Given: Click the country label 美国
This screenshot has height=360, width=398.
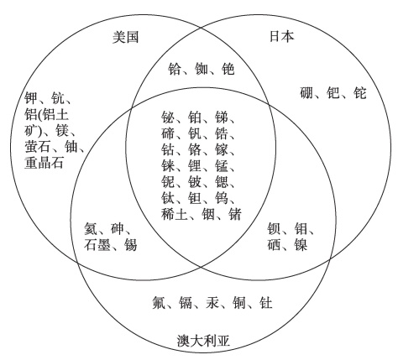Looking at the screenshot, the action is pyautogui.click(x=125, y=37).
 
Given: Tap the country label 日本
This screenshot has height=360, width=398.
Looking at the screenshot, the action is pyautogui.click(x=281, y=36).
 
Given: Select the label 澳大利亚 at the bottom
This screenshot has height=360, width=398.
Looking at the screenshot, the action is pyautogui.click(x=203, y=341).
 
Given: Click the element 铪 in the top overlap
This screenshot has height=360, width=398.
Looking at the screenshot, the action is pyautogui.click(x=175, y=69).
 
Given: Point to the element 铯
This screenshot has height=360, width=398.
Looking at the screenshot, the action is pyautogui.click(x=228, y=69).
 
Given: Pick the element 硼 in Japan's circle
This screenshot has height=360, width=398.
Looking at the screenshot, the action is pyautogui.click(x=306, y=93).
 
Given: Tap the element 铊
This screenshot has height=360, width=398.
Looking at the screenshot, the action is pyautogui.click(x=360, y=93).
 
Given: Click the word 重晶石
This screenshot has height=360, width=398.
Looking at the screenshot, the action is pyautogui.click(x=44, y=163).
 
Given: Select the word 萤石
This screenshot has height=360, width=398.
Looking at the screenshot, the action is pyautogui.click(x=38, y=146).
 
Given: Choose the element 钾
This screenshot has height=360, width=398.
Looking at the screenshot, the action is pyautogui.click(x=31, y=98).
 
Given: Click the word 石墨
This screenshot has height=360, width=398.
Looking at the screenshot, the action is pyautogui.click(x=97, y=244).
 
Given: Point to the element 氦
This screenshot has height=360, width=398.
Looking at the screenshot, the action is pyautogui.click(x=91, y=228).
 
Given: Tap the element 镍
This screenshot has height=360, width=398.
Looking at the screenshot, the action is pyautogui.click(x=301, y=244).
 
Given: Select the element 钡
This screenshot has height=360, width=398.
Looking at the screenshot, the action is pyautogui.click(x=274, y=228).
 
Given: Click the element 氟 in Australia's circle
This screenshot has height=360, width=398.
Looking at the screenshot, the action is pyautogui.click(x=159, y=303).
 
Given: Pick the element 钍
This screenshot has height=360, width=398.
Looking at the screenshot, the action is pyautogui.click(x=266, y=303).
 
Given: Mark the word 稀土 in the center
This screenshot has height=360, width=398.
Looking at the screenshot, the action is pyautogui.click(x=174, y=214).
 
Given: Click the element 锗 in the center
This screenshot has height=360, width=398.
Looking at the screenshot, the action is pyautogui.click(x=235, y=214).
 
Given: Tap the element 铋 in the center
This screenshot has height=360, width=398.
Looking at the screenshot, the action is pyautogui.click(x=168, y=117).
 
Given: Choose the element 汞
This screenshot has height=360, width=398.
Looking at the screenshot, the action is pyautogui.click(x=212, y=303).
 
